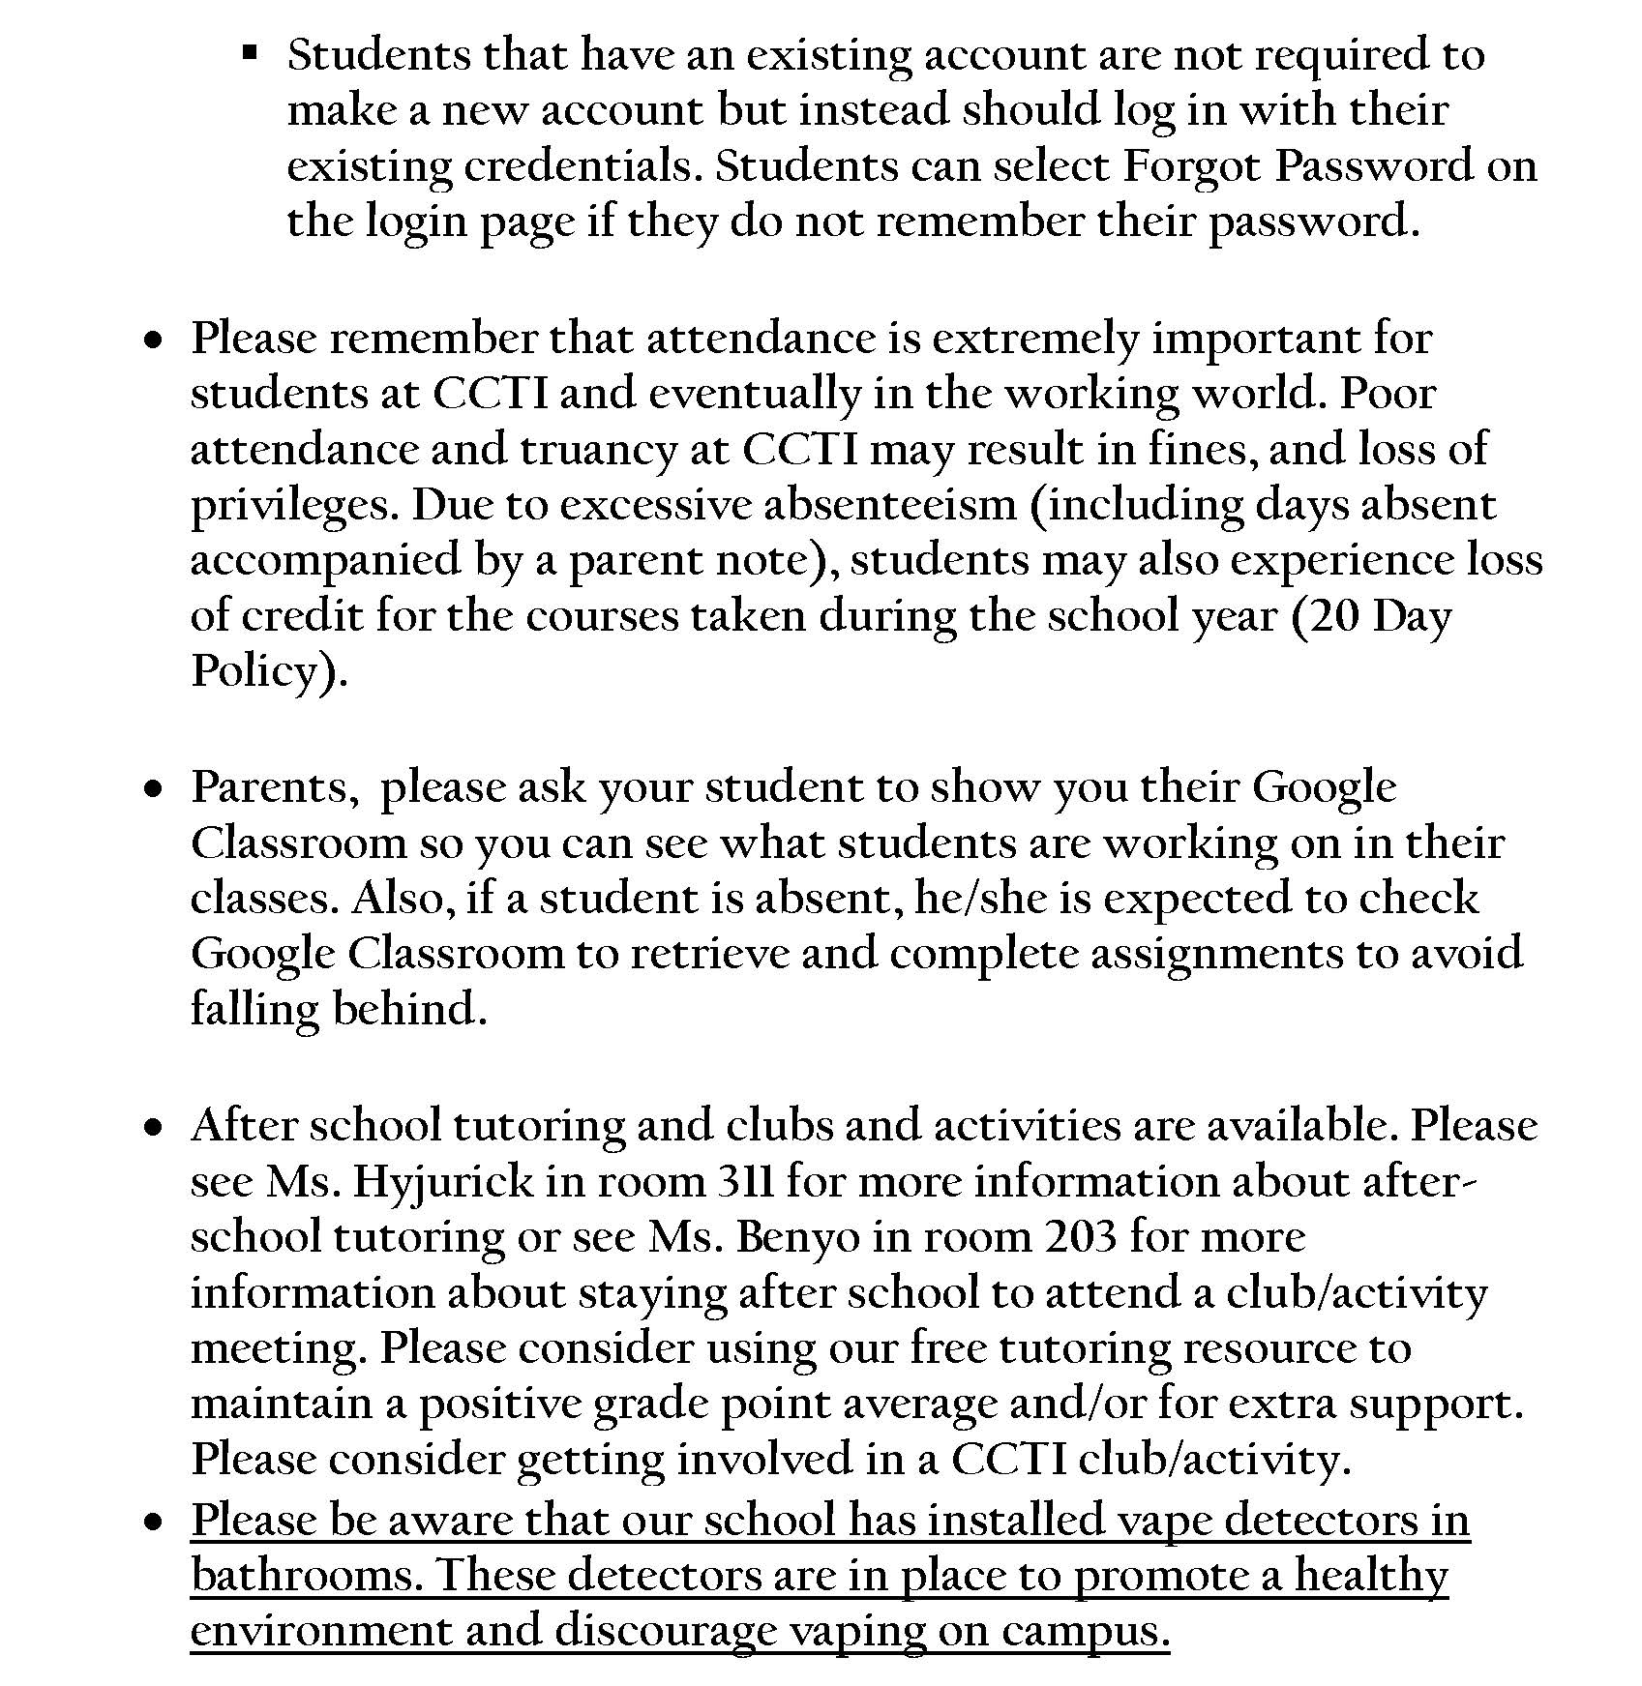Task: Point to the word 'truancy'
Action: pyautogui.click(x=598, y=449)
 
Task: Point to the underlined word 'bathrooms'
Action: pyautogui.click(x=306, y=1575)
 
